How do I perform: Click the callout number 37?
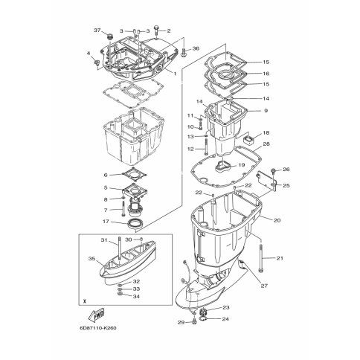pyautogui.click(x=97, y=30)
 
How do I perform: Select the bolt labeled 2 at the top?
pyautogui.click(x=157, y=30)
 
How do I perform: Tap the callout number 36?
pyautogui.click(x=196, y=48)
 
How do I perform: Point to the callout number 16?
pyautogui.click(x=266, y=74)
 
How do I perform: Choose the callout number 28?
pyautogui.click(x=266, y=144)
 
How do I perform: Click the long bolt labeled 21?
pyautogui.click(x=260, y=258)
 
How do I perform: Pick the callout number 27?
pyautogui.click(x=264, y=286)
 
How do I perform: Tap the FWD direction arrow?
pyautogui.click(x=96, y=315)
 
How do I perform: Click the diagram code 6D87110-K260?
pyautogui.click(x=98, y=328)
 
